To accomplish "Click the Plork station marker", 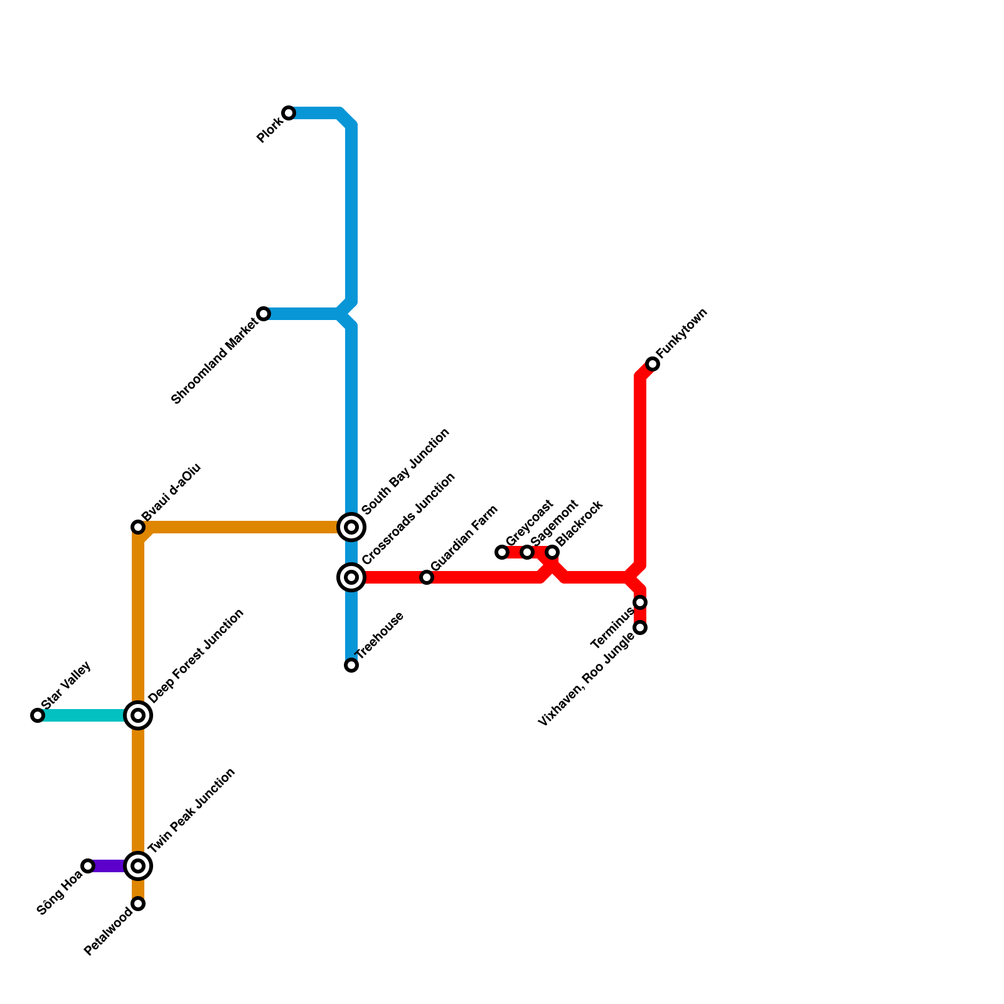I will pos(289,113).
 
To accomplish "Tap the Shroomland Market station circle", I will pos(264,314).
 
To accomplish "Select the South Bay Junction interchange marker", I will pos(351,527).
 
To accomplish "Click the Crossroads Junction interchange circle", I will pos(351,577).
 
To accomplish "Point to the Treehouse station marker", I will pos(351,665).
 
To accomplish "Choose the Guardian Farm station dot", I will pos(427,577).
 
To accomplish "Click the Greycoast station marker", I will pos(502,552).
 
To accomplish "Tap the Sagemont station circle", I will pos(527,552).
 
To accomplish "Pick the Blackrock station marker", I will pos(552,552).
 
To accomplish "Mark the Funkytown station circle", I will pos(653,364).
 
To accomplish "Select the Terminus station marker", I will pos(640,602).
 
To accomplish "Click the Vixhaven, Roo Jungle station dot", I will pos(640,627).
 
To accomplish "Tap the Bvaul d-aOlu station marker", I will pos(138,527).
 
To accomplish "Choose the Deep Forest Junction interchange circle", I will pos(138,715).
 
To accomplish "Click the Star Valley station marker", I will pos(38,715).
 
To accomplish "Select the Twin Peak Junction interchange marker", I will pos(138,866).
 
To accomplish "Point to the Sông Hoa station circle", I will pos(88,866).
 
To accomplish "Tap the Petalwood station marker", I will pos(138,904).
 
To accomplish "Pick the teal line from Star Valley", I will pos(82,715).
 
